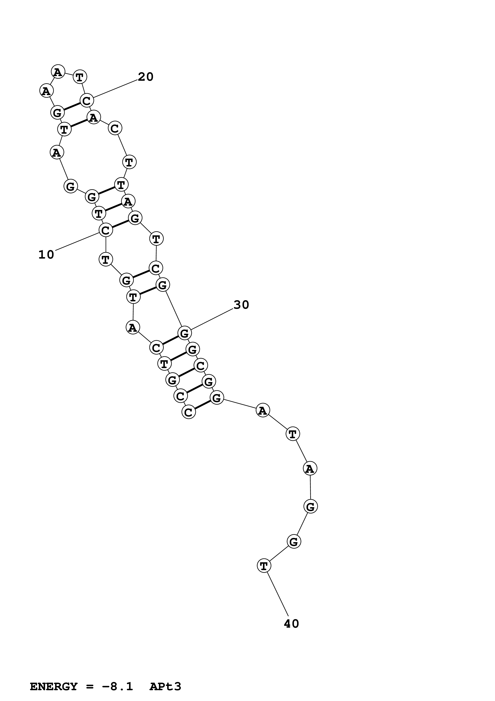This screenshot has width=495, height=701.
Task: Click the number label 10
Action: tap(46, 255)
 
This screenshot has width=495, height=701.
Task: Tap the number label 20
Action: tap(146, 77)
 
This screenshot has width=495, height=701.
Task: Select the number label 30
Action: tap(241, 305)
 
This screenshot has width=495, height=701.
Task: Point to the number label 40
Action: tap(291, 624)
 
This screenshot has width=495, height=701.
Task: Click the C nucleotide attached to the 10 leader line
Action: tap(105, 230)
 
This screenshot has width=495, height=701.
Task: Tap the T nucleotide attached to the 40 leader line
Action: tap(264, 566)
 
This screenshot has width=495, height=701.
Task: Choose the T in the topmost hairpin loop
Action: tap(80, 77)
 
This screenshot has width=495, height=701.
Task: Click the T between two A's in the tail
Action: tap(293, 434)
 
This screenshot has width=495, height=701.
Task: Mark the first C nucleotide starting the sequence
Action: tap(188, 412)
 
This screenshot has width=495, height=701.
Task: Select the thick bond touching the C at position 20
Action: tap(72, 107)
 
